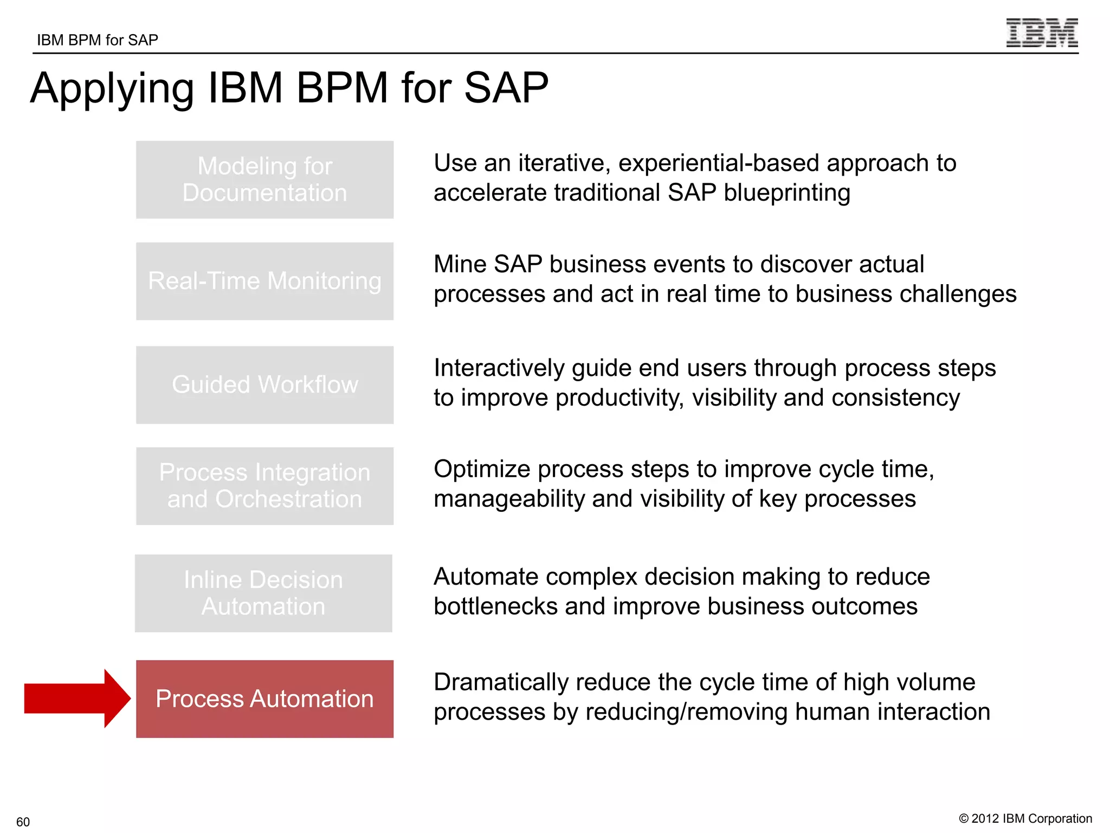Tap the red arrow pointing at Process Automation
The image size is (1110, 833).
pyautogui.click(x=76, y=699)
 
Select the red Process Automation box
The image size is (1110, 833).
pyautogui.click(x=264, y=699)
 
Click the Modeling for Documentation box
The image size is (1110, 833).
pyautogui.click(x=264, y=180)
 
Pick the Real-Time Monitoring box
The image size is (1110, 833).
pyautogui.click(x=264, y=281)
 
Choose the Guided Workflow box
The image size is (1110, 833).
pyautogui.click(x=264, y=385)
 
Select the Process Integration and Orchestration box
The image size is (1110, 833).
pyautogui.click(x=264, y=486)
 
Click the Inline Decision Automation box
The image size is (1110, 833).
pyautogui.click(x=263, y=593)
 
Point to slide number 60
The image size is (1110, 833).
pyautogui.click(x=23, y=822)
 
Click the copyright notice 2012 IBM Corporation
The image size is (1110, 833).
pyautogui.click(x=1025, y=818)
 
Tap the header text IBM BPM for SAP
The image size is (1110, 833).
pyautogui.click(x=98, y=40)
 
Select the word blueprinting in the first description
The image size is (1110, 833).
pyautogui.click(x=786, y=193)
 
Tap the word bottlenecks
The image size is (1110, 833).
pyautogui.click(x=495, y=606)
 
